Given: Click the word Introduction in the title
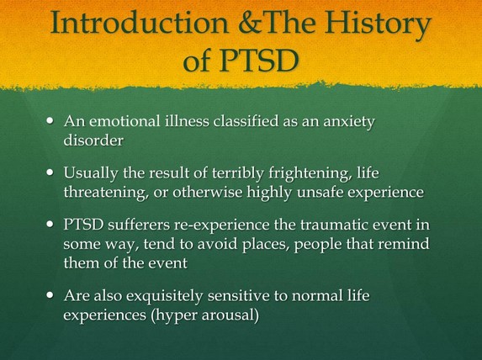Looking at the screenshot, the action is click(140, 22).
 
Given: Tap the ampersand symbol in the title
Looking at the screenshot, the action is click(249, 23).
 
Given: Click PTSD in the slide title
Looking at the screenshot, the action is click(258, 59).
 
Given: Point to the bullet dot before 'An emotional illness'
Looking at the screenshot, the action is click(50, 120).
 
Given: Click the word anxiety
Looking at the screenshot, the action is click(349, 122).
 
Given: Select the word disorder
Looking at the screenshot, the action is click(93, 140).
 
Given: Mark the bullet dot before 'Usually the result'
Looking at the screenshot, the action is click(50, 172).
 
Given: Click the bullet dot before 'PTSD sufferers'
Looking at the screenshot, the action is click(50, 224).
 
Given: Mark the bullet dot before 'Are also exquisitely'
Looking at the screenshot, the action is click(50, 295).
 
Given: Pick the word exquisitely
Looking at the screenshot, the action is click(165, 297).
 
